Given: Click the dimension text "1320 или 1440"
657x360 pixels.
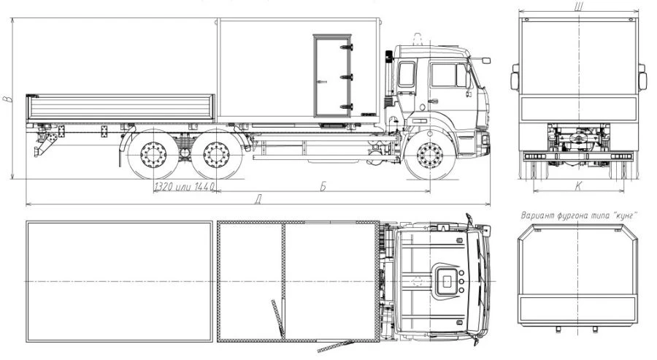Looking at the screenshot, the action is click(x=185, y=186).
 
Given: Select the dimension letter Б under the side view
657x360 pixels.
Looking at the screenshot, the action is click(x=323, y=186).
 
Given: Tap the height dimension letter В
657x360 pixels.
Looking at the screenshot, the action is click(x=7, y=99).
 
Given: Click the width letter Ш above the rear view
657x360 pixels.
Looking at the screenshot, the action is click(x=579, y=5).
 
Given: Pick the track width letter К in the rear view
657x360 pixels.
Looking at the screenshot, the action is click(x=578, y=186).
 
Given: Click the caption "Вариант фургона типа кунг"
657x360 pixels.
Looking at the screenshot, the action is click(x=579, y=215).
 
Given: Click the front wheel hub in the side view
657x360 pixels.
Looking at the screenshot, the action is click(x=430, y=155).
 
